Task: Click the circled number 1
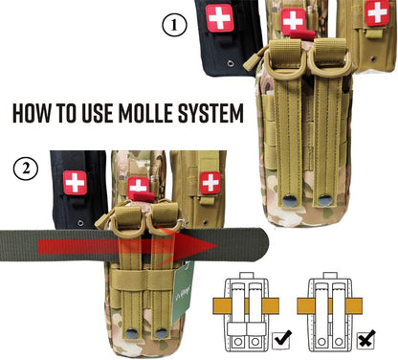tap(173, 26)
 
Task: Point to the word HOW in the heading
tap(33, 113)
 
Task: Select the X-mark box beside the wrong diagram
tap(365, 336)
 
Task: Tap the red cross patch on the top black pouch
tap(220, 18)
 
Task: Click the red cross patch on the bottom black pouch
tap(75, 182)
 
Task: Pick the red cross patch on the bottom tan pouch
tap(209, 181)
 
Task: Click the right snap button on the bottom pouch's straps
tap(162, 333)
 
